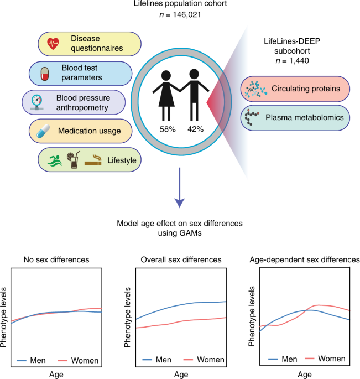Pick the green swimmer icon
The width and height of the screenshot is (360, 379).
tap(53, 160)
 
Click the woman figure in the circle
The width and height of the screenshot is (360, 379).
tap(167, 93)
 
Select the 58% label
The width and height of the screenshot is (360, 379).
tap(167, 129)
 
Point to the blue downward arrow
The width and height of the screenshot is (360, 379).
tap(180, 191)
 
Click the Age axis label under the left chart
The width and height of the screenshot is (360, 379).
tap(57, 375)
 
